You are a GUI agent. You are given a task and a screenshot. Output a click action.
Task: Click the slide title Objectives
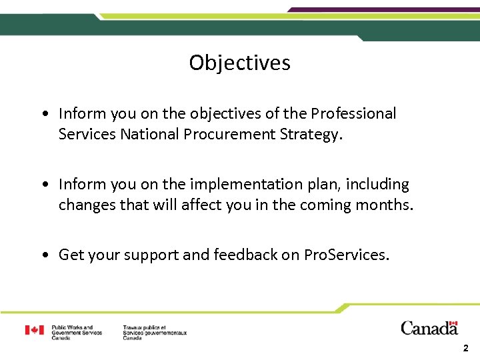coord(239,63)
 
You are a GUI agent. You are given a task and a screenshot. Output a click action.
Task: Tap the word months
coord(387,205)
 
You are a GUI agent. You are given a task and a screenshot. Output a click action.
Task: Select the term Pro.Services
coord(346,255)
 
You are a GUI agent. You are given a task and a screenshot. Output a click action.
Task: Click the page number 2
coord(465,348)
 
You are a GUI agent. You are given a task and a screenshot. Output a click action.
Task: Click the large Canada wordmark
coord(429,328)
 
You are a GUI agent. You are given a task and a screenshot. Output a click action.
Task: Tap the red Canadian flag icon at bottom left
coord(35,330)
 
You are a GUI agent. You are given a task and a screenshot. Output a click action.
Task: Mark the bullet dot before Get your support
coord(44,255)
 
